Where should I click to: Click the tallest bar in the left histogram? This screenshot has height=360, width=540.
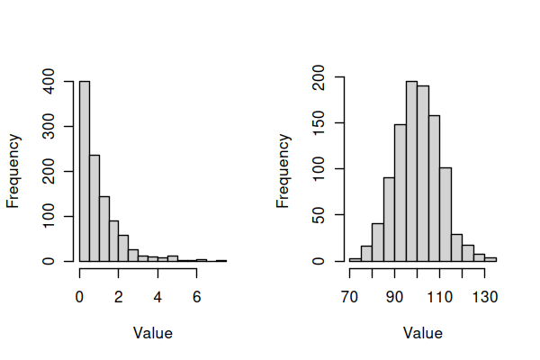coord(85,171)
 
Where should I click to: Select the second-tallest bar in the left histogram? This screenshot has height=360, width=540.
coord(94,208)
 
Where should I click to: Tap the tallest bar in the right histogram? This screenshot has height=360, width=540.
coord(411,171)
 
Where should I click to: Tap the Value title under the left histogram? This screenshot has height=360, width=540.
coord(153,333)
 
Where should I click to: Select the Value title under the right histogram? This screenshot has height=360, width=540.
coord(423,333)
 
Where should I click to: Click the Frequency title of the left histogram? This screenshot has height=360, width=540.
coord(13,171)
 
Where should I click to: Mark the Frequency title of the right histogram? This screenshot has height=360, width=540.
coord(283,171)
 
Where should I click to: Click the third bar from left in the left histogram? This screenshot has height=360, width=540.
coord(104,229)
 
